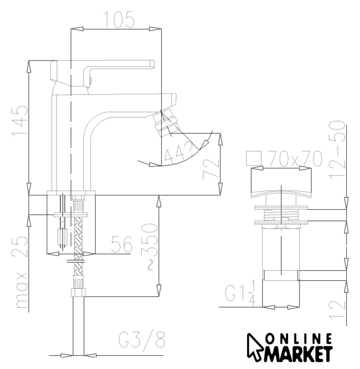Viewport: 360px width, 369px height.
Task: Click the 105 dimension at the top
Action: [x=119, y=20]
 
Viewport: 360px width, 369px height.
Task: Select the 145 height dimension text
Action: [x=20, y=121]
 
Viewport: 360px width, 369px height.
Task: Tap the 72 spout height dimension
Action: [x=211, y=169]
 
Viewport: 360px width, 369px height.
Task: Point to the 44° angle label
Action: [x=179, y=153]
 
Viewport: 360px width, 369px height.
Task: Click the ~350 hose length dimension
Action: [x=149, y=246]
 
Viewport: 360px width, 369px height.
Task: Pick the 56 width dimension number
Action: [x=122, y=244]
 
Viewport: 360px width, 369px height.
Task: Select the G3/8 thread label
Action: [x=142, y=340]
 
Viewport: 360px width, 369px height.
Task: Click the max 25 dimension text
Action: [x=20, y=272]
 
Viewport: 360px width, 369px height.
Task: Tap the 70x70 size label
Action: [x=295, y=159]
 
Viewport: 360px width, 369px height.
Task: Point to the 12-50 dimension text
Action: [x=338, y=150]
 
